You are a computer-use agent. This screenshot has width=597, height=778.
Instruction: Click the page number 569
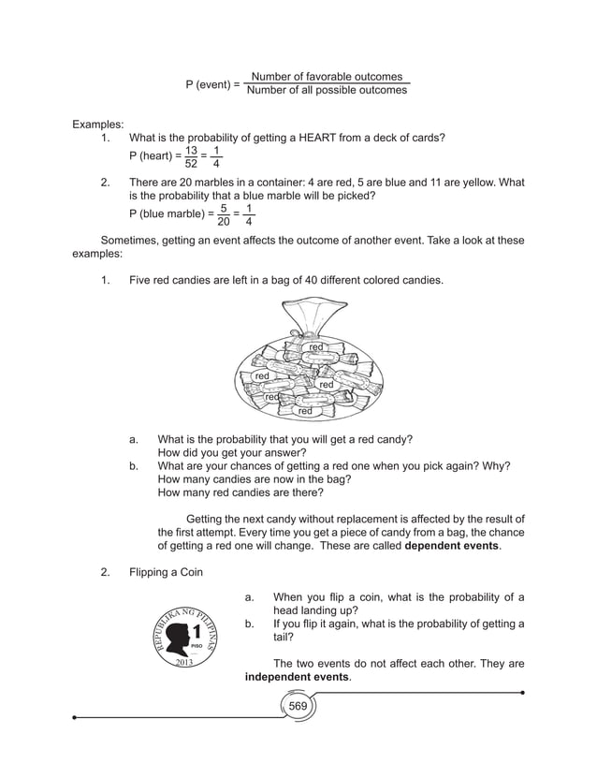tap(298, 705)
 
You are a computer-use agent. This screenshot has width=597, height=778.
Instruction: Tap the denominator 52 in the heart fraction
tap(191, 167)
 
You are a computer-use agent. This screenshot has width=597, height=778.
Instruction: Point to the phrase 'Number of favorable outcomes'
tap(327, 77)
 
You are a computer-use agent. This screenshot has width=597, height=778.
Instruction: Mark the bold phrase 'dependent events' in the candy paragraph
tap(452, 546)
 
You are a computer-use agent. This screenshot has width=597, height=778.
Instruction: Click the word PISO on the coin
tap(197, 647)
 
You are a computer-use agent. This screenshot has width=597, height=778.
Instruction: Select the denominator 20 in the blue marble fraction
tap(224, 222)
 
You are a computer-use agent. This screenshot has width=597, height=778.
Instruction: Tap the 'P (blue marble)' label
tap(169, 213)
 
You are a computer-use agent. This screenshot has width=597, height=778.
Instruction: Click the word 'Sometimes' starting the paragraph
tap(131, 241)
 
